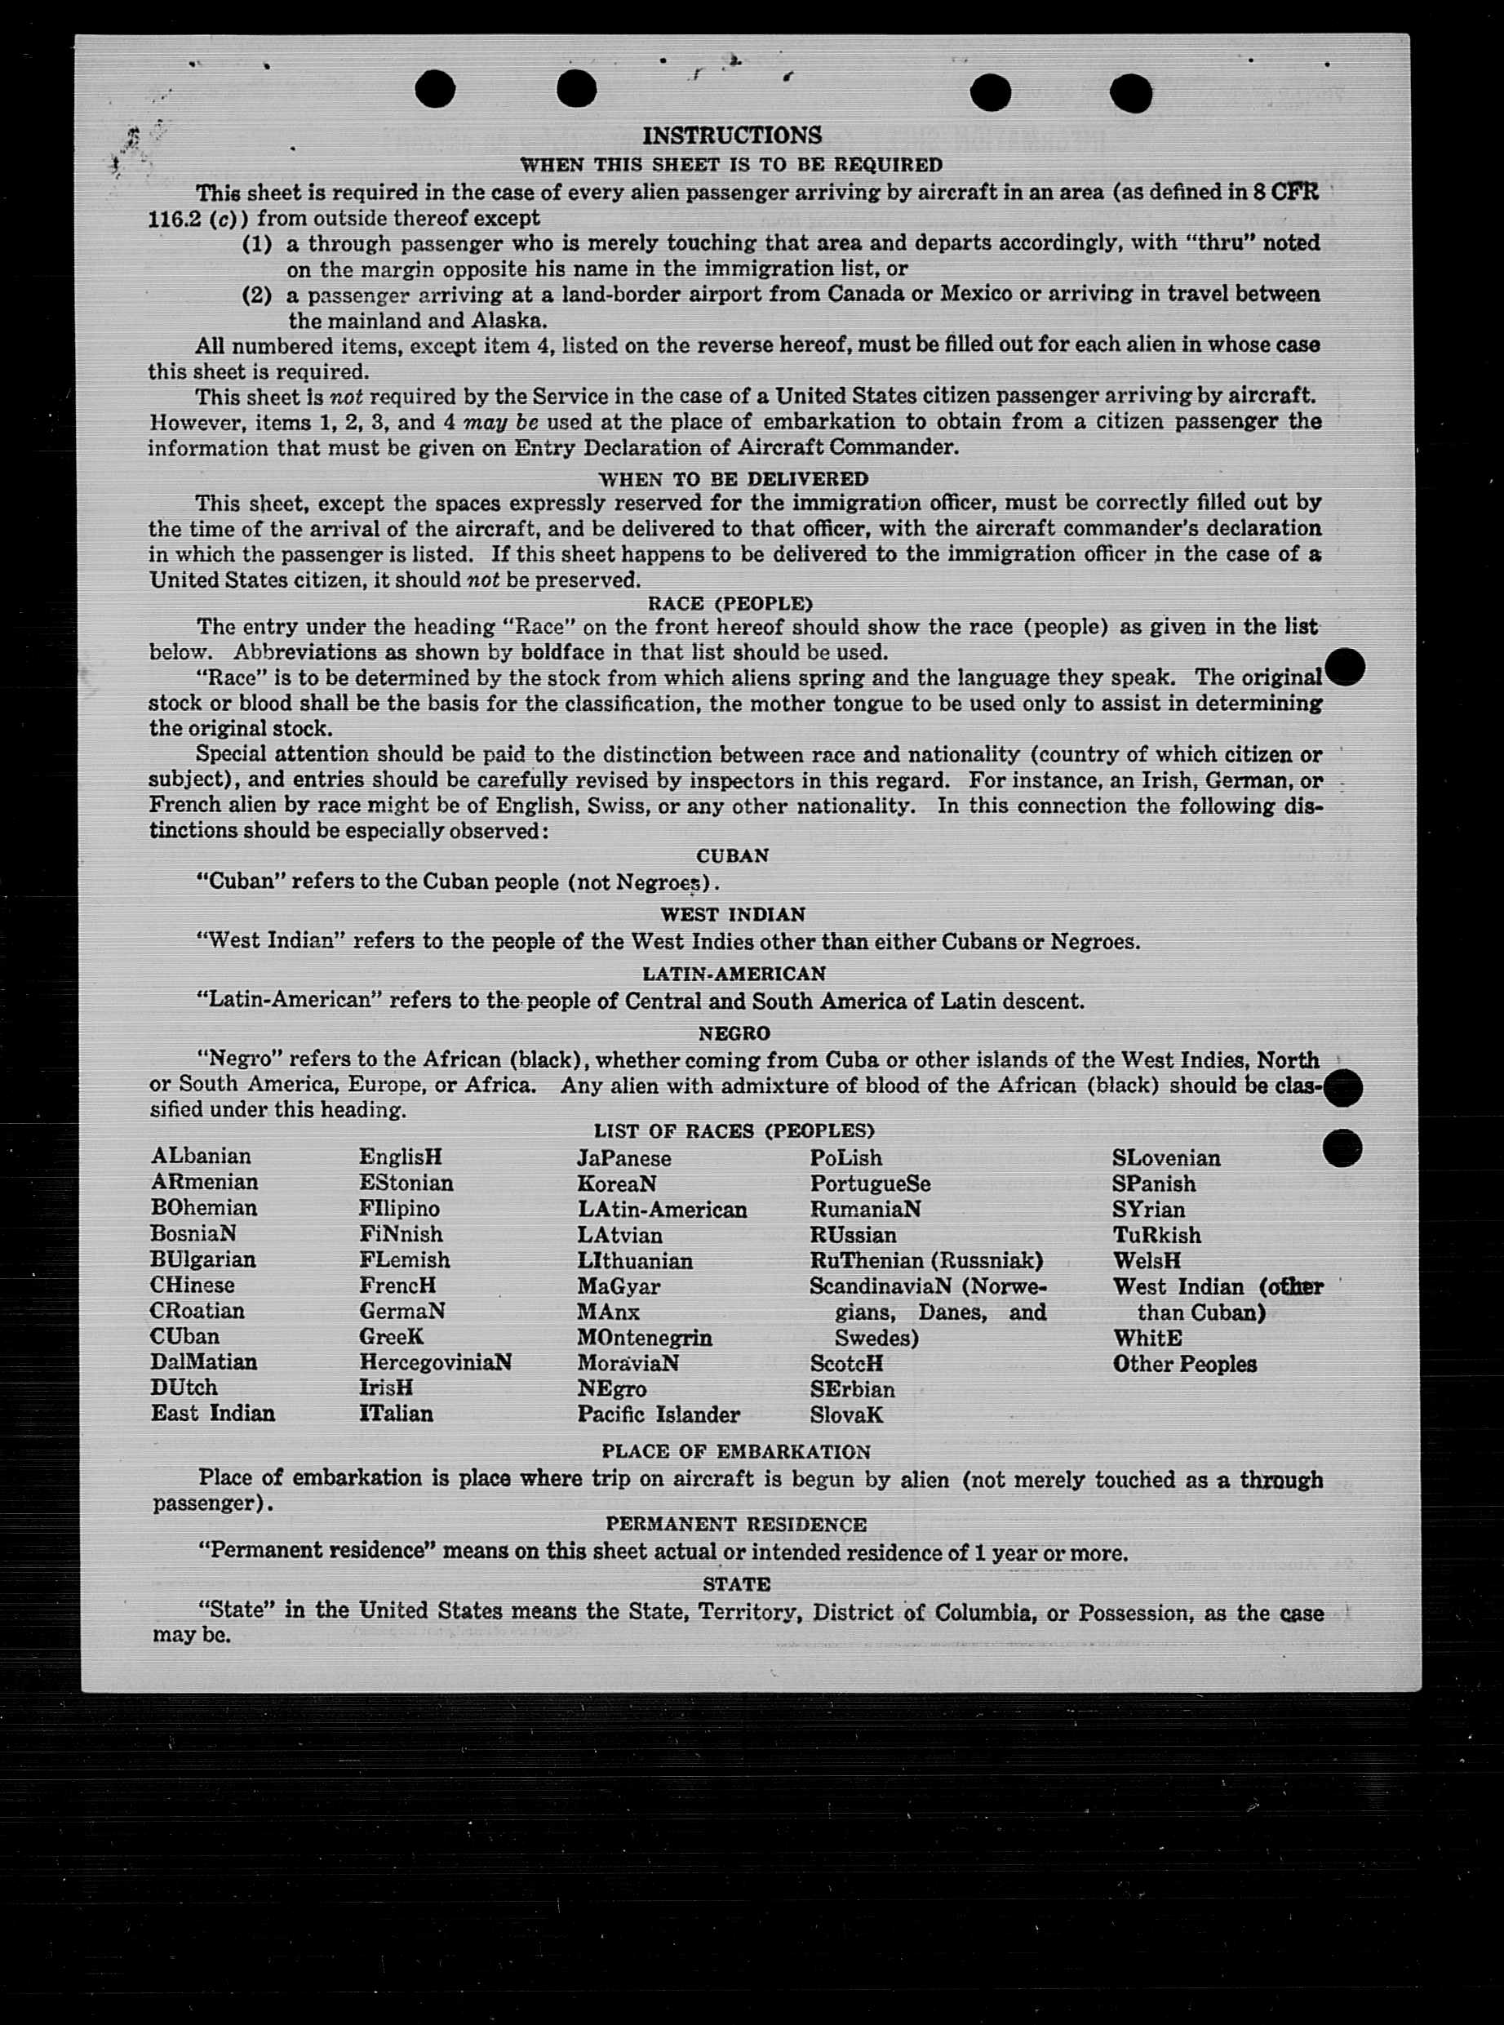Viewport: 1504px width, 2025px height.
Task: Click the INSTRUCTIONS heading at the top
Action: click(732, 135)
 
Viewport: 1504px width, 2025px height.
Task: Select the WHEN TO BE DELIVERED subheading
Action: click(733, 478)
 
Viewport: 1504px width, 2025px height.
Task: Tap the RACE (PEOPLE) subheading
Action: click(730, 604)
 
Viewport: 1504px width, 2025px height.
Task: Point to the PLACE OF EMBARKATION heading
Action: click(735, 1451)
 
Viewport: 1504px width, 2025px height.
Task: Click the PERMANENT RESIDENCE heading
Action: click(735, 1524)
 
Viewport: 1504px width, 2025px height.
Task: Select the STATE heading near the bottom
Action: click(737, 1584)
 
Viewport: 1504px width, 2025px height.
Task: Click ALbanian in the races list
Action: click(202, 1157)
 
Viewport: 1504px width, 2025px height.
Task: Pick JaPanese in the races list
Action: click(623, 1158)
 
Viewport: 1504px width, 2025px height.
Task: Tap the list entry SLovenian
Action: click(1165, 1158)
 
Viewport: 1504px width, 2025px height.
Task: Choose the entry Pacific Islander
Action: click(659, 1415)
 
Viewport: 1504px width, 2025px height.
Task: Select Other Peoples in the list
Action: click(1183, 1364)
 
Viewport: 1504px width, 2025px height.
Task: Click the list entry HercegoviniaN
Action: click(435, 1362)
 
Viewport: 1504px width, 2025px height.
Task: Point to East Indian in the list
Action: click(213, 1413)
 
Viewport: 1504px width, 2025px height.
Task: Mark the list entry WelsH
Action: click(1147, 1261)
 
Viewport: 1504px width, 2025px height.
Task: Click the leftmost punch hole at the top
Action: click(434, 89)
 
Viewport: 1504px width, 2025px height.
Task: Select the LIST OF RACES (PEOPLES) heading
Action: click(734, 1131)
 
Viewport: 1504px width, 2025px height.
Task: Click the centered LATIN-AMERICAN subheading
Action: click(734, 974)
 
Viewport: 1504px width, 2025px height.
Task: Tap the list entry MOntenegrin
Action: click(644, 1338)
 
